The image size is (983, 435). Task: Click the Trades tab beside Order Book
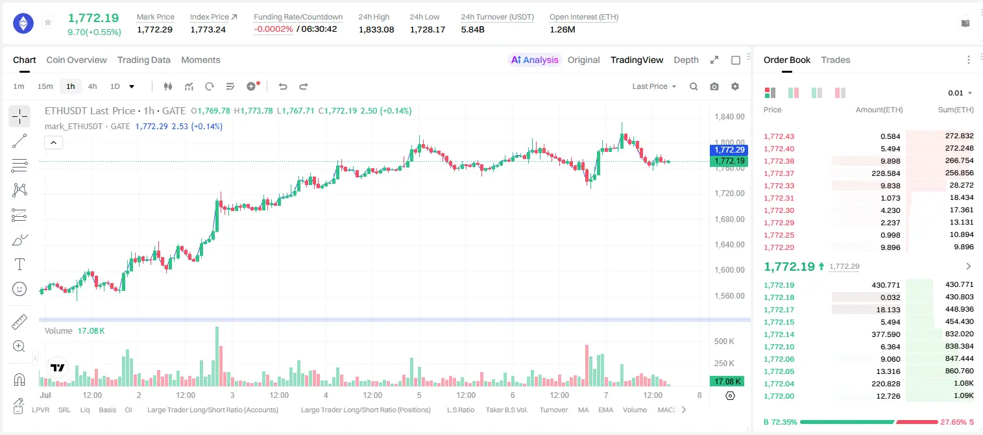[836, 60]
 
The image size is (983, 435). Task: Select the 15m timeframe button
[45, 86]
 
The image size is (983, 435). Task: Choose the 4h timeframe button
[92, 86]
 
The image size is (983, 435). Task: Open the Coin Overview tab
[77, 60]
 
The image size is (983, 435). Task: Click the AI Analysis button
[535, 60]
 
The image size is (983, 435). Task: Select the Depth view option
[686, 60]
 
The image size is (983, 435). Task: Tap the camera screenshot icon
[714, 86]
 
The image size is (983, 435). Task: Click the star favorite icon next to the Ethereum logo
[48, 22]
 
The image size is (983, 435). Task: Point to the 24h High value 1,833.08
[376, 29]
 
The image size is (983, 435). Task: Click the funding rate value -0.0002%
[273, 29]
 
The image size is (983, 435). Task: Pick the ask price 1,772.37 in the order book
[779, 173]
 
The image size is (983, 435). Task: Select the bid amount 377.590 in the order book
[886, 334]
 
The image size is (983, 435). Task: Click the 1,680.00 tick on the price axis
[729, 219]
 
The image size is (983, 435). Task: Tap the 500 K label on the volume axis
[724, 341]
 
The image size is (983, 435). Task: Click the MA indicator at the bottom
[583, 410]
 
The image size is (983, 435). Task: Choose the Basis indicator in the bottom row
[107, 410]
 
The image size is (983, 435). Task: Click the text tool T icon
[19, 264]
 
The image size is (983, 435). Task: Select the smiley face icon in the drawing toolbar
[19, 289]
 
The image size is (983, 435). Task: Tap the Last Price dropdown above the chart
[654, 86]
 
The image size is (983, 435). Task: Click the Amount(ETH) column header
[879, 110]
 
